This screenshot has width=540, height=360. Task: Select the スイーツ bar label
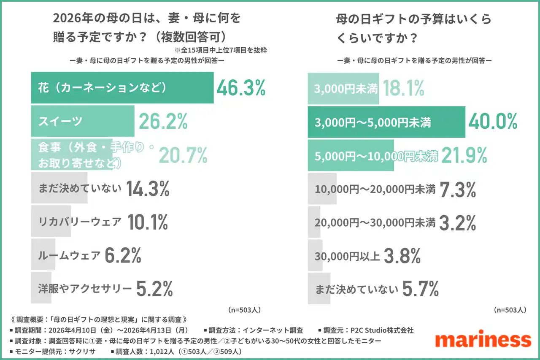[x=60, y=122]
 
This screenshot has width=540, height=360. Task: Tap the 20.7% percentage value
[x=183, y=155]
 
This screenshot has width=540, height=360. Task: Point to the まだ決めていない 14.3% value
[x=148, y=189]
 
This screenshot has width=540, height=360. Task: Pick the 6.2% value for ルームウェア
[x=122, y=255]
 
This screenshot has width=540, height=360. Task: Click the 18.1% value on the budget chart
[x=402, y=88]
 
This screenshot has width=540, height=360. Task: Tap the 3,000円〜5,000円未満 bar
[x=386, y=122]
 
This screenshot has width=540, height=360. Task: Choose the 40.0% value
[x=493, y=122]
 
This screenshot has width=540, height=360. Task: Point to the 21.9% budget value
[x=463, y=156]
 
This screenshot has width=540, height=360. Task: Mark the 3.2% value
[x=458, y=222]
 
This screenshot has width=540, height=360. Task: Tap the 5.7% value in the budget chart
[x=421, y=290]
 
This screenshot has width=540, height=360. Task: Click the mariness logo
[x=483, y=340]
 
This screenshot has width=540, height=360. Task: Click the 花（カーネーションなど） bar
[x=122, y=88]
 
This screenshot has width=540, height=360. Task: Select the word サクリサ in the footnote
[x=83, y=351]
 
